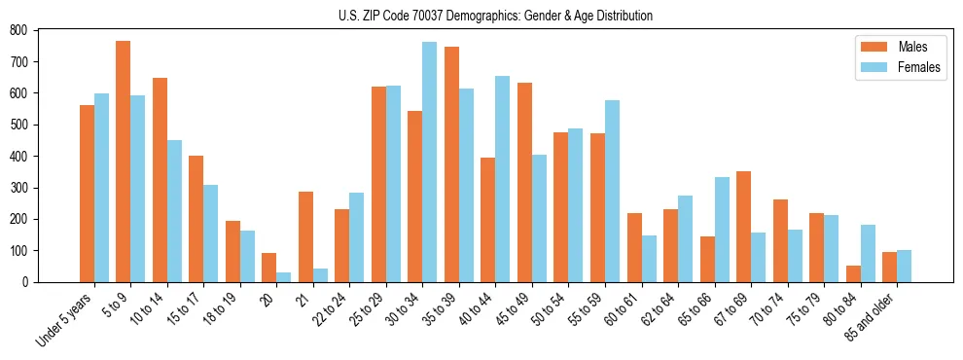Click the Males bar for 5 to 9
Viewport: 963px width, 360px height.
point(124,162)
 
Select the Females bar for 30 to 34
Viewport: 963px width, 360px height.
point(429,162)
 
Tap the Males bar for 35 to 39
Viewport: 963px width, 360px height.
point(451,164)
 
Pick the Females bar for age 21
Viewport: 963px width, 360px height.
point(320,275)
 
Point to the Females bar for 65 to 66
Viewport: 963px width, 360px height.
point(721,230)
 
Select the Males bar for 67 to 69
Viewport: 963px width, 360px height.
point(743,227)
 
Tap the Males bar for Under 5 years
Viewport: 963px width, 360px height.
point(87,194)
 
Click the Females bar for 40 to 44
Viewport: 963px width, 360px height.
point(502,179)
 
